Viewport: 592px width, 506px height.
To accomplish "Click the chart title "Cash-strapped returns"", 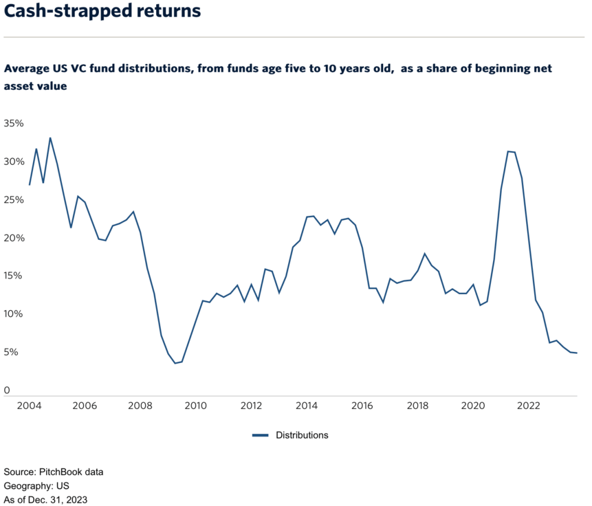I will click(x=102, y=12).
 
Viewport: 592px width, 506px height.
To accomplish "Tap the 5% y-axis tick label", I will click(x=11, y=352).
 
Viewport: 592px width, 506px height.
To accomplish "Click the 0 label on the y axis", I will click(x=7, y=390).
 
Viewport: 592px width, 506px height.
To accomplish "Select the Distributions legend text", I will click(x=301, y=435).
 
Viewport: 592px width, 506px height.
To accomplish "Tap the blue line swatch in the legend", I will click(x=260, y=435).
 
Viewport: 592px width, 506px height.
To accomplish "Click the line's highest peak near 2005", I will click(x=50, y=138).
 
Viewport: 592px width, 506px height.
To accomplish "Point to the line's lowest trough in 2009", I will click(x=175, y=363).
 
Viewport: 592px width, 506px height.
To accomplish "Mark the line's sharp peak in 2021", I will click(x=508, y=152).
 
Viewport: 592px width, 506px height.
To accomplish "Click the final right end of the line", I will click(x=577, y=353).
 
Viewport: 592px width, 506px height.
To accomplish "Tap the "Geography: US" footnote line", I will click(x=36, y=486).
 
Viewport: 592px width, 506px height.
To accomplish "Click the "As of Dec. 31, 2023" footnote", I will click(x=45, y=499).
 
